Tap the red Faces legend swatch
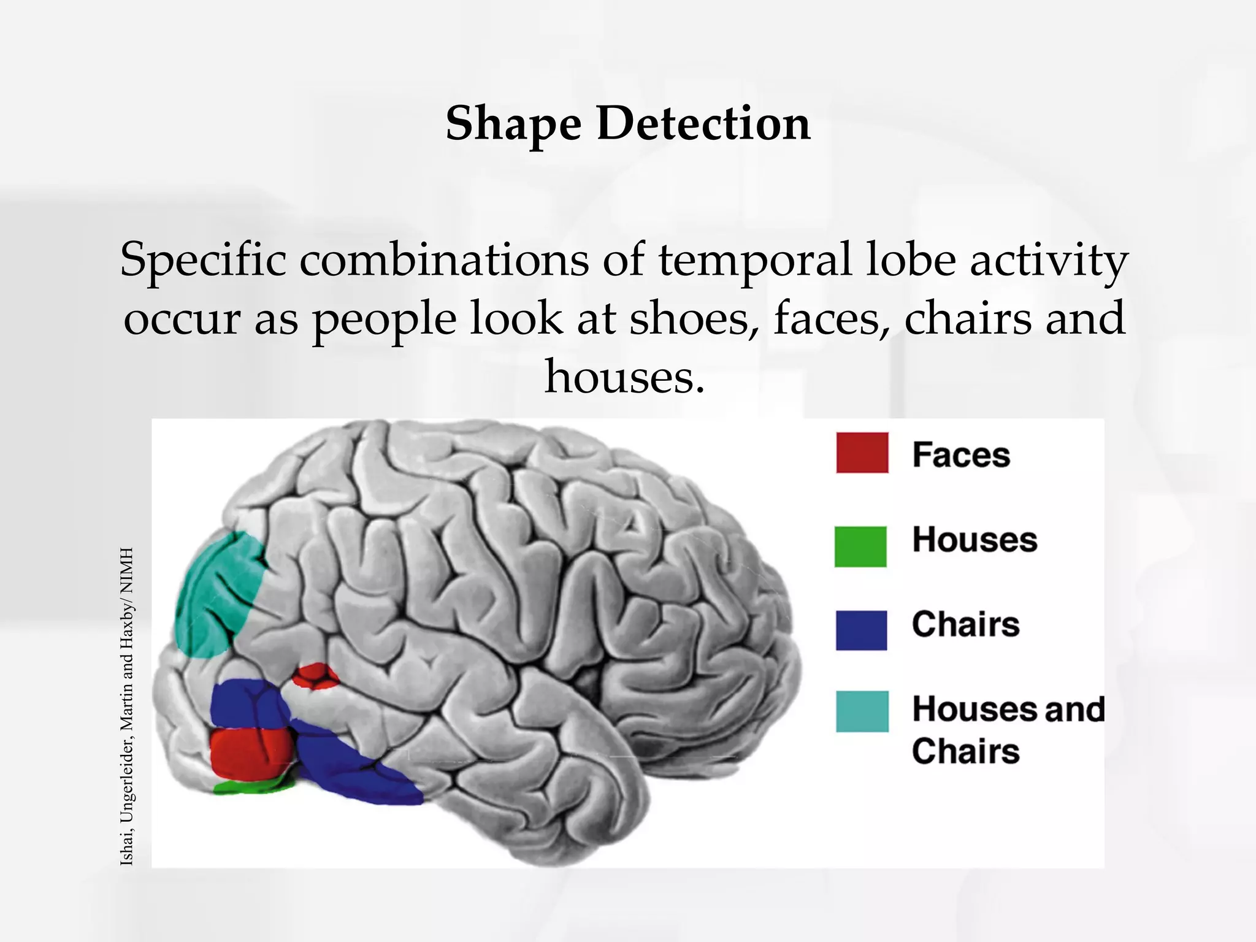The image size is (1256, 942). [x=862, y=453]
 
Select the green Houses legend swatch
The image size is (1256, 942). [x=860, y=546]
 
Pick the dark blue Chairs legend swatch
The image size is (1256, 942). [x=861, y=630]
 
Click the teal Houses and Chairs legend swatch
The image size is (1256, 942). [x=862, y=711]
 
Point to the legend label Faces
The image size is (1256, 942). [x=961, y=455]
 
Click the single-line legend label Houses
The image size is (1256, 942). [x=975, y=540]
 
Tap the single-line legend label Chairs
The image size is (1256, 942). [x=965, y=624]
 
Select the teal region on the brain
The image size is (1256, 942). [x=218, y=592]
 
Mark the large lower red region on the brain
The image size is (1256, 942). [x=251, y=751]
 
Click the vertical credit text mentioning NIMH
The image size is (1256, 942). [x=126, y=705]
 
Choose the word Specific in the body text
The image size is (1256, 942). [x=203, y=260]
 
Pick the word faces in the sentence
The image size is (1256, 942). [x=831, y=318]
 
